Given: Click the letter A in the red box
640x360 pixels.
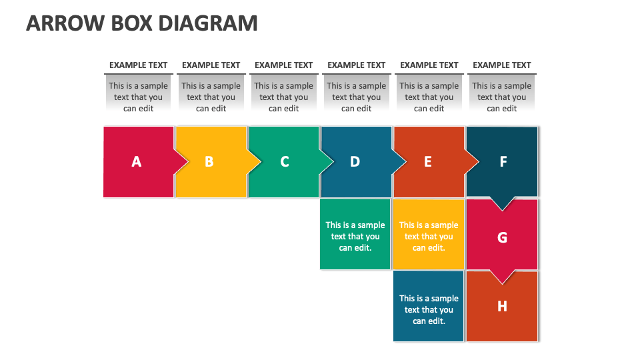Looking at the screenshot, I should click(137, 161).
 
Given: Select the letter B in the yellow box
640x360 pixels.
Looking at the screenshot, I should click(209, 161).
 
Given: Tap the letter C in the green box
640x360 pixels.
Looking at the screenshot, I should click(285, 161).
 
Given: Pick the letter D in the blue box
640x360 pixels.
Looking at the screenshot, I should click(355, 161).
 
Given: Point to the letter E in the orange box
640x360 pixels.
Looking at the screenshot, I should click(428, 161).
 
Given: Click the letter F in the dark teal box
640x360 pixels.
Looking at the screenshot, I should click(503, 161).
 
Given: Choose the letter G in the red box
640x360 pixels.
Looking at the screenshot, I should click(503, 237).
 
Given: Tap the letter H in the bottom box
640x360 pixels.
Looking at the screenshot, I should click(503, 306).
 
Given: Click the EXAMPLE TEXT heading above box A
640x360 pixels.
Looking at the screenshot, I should click(138, 65).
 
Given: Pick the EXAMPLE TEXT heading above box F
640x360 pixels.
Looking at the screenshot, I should click(502, 65).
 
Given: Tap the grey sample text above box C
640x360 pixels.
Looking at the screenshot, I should click(284, 97).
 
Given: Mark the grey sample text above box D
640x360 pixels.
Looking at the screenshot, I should click(357, 97).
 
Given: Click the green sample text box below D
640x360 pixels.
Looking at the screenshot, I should click(355, 236).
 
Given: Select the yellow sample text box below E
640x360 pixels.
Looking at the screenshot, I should click(429, 236).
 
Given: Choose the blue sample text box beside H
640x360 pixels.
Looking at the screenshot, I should click(429, 309).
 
